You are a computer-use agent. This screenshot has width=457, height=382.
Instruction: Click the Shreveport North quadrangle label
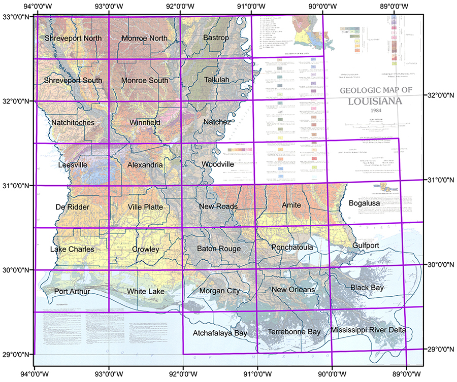point(73,39)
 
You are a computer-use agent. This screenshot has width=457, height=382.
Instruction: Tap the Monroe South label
point(145,81)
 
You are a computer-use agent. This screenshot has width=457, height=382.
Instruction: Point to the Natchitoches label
point(73,123)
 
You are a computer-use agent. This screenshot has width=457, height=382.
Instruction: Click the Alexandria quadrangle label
point(145,165)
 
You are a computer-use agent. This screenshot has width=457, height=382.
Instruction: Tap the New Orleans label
point(293,290)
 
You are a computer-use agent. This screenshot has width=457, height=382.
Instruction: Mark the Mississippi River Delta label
point(368,330)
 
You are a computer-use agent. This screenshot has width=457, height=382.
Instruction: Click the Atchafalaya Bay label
point(220,333)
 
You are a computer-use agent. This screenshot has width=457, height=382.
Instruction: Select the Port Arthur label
point(72,291)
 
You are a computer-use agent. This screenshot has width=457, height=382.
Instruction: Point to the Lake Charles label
point(72,250)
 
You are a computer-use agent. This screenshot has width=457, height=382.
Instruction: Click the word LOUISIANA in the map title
point(374,100)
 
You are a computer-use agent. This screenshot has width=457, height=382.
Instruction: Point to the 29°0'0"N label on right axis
point(440,349)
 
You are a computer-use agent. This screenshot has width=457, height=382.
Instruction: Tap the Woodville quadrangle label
point(217,164)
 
